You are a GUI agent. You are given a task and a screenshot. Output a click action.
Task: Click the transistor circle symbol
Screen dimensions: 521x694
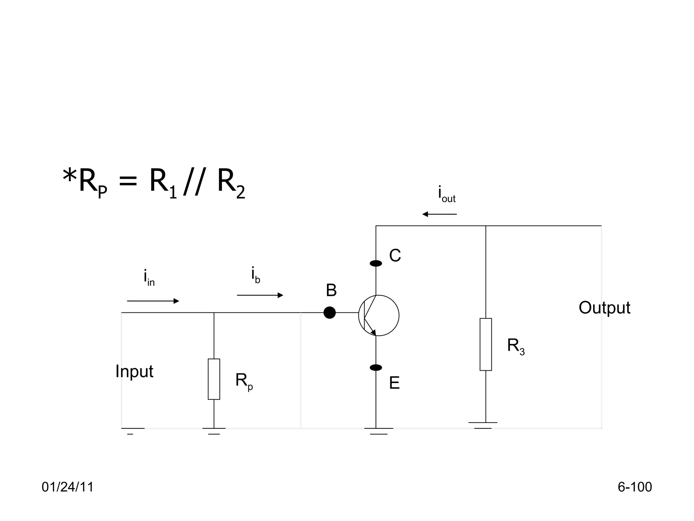(379, 315)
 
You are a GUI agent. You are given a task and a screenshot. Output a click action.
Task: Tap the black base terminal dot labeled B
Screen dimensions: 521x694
(329, 312)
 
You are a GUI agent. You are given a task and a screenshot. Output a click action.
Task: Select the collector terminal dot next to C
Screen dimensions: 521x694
(376, 263)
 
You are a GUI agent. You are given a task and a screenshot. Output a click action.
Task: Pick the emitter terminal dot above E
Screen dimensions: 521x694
(376, 367)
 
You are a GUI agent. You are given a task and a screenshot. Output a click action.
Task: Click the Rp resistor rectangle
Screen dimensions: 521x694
(214, 379)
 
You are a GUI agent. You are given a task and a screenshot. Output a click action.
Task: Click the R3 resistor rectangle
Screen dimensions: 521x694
(486, 344)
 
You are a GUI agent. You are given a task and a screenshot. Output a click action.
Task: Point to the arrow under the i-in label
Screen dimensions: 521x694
(153, 301)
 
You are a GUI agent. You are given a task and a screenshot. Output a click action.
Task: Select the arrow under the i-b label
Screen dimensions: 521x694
(260, 295)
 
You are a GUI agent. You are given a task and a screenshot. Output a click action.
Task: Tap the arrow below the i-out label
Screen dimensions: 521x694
(440, 214)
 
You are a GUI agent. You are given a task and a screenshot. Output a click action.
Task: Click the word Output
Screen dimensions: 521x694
(604, 308)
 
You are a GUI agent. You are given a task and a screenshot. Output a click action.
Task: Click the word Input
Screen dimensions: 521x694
(134, 371)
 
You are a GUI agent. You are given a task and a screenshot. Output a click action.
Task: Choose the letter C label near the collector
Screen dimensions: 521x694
(395, 255)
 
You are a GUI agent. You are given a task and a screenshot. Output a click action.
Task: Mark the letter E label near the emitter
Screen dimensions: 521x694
(394, 383)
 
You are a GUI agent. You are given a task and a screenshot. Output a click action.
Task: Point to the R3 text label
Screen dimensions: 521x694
(515, 346)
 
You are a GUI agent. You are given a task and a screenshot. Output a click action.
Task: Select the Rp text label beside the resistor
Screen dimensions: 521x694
(244, 381)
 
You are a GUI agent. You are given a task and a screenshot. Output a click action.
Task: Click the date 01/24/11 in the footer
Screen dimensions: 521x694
(67, 487)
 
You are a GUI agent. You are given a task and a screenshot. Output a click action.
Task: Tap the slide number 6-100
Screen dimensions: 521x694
(634, 487)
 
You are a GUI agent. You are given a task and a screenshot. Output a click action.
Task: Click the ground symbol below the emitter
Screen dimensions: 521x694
(379, 431)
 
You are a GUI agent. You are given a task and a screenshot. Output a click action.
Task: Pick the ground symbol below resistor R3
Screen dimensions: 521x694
(483, 425)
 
